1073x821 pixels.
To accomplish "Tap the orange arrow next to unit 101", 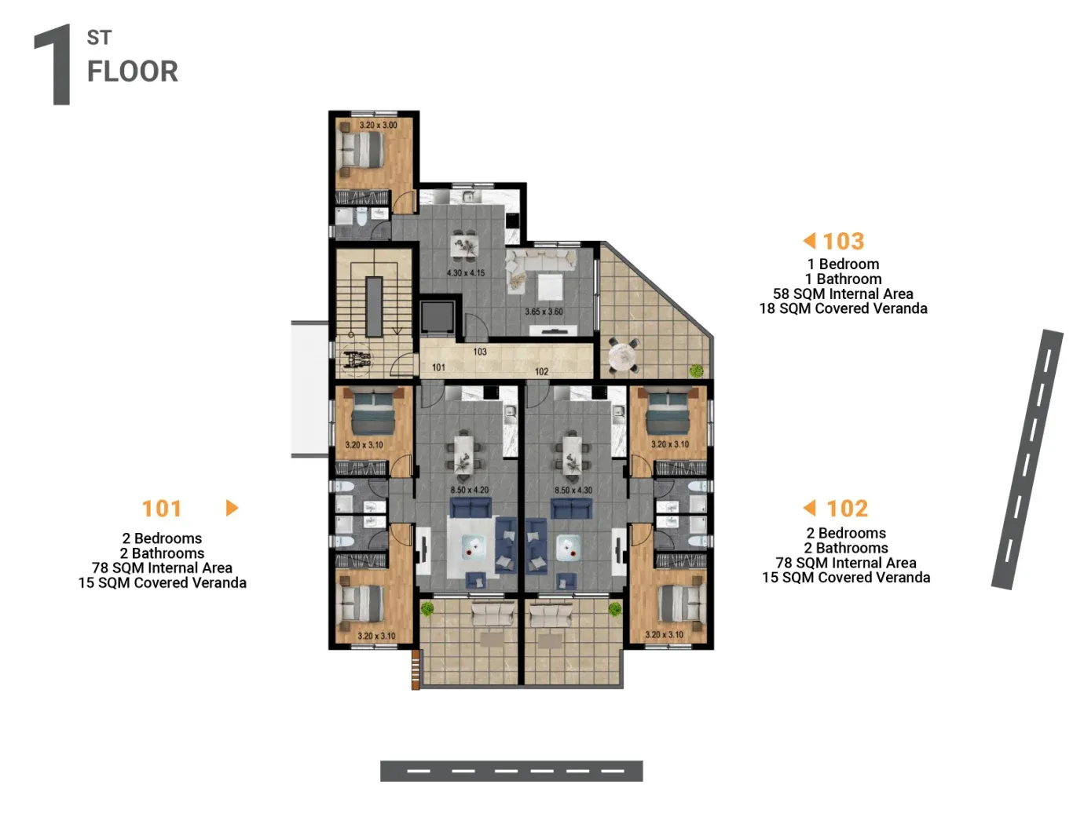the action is tap(232, 507).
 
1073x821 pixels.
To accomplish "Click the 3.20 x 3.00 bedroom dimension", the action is tap(378, 125).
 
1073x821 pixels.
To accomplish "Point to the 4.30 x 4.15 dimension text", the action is tap(465, 272).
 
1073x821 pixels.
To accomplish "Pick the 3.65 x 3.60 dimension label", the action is tap(543, 312).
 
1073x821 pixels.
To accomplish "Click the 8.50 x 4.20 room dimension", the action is tap(469, 490).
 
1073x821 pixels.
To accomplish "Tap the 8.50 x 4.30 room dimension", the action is tap(573, 490).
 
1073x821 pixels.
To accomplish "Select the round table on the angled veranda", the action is tap(624, 355).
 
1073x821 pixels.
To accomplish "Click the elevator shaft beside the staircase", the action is tap(437, 316).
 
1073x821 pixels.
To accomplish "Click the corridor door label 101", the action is tap(438, 367).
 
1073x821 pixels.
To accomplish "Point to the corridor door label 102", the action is tap(541, 371).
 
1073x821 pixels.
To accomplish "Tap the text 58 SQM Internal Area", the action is tap(842, 294).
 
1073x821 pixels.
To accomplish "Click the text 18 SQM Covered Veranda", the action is tap(842, 308).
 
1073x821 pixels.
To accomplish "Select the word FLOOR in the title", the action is tap(132, 71).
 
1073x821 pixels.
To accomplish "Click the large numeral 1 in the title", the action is tap(53, 64).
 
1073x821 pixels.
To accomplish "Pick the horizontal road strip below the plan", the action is tap(511, 770).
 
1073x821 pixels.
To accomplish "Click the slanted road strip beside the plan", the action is tap(1027, 459).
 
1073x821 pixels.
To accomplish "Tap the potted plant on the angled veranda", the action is tap(696, 370).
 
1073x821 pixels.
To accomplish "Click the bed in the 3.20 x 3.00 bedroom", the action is tap(362, 149).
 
